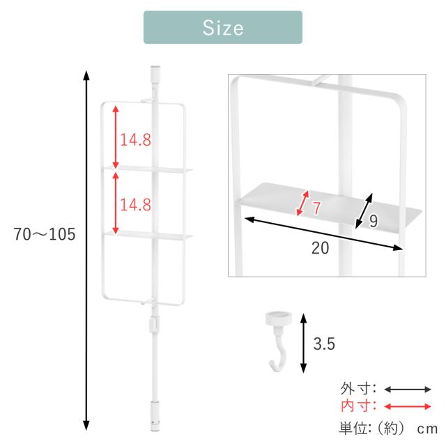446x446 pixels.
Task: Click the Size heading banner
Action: pyautogui.click(x=223, y=27)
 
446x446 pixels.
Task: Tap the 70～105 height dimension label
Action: pyautogui.click(x=45, y=234)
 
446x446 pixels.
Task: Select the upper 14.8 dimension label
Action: pyautogui.click(x=135, y=139)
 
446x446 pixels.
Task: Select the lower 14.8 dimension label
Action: pyautogui.click(x=135, y=204)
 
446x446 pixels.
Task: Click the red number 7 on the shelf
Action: pyautogui.click(x=316, y=208)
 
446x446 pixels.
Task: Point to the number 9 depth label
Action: pyautogui.click(x=374, y=221)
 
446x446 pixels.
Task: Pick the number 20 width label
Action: pyautogui.click(x=320, y=248)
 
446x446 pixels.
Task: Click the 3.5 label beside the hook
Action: pyautogui.click(x=324, y=344)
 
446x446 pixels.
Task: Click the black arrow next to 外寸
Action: pyautogui.click(x=408, y=389)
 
